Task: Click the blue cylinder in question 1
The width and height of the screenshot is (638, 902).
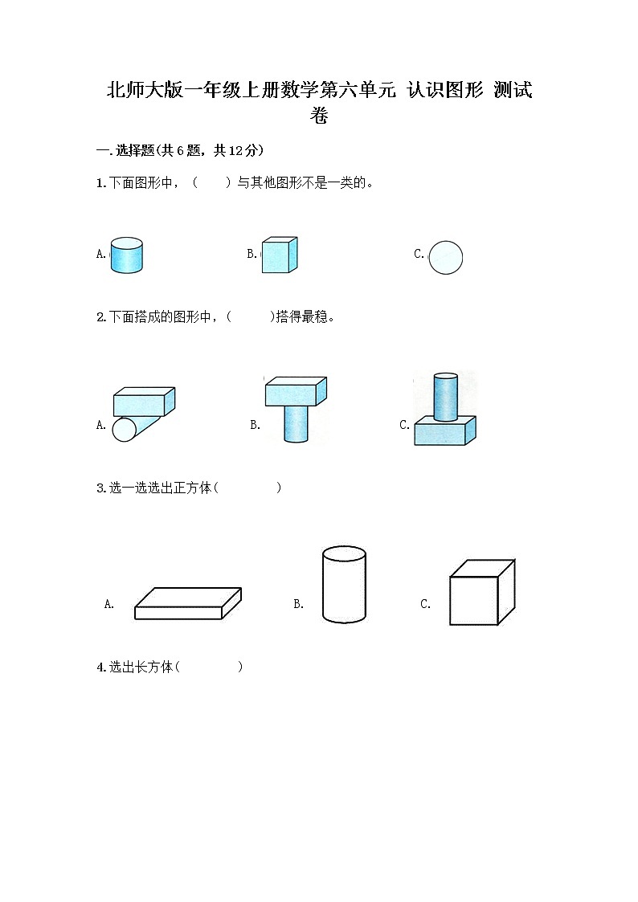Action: [126, 255]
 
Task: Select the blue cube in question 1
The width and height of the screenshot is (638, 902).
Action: [279, 255]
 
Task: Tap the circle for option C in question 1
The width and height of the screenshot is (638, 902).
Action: [446, 258]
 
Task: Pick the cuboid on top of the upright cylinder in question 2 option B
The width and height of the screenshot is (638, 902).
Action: [295, 391]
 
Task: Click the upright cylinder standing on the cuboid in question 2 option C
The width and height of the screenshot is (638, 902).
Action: [445, 397]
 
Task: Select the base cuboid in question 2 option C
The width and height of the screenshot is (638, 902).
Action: [445, 432]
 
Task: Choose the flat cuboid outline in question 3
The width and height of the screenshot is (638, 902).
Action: [187, 603]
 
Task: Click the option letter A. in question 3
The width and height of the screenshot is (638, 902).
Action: [109, 605]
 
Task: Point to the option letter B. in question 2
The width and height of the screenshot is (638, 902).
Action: [255, 426]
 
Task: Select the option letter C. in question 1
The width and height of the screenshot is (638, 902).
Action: [419, 254]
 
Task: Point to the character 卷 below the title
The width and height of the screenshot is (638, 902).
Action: [319, 116]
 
